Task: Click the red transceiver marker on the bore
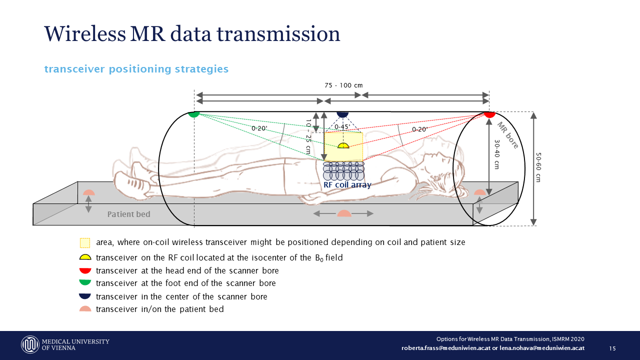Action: pyautogui.click(x=489, y=114)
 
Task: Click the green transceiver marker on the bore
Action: pyautogui.click(x=194, y=114)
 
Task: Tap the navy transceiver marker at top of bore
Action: pyautogui.click(x=342, y=114)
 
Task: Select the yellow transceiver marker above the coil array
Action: pyautogui.click(x=343, y=145)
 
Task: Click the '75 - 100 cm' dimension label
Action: pyautogui.click(x=343, y=85)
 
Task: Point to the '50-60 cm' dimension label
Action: pyautogui.click(x=538, y=167)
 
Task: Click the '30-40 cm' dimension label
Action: pyautogui.click(x=496, y=154)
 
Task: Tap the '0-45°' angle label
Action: pyautogui.click(x=342, y=127)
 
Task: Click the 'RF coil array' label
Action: pyautogui.click(x=347, y=185)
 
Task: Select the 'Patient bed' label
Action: pyautogui.click(x=128, y=214)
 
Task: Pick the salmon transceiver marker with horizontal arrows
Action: pyautogui.click(x=344, y=213)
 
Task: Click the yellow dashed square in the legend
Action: pyautogui.click(x=85, y=242)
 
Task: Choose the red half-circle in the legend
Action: pyautogui.click(x=85, y=270)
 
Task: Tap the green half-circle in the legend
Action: pyautogui.click(x=85, y=283)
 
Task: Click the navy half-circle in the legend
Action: pyautogui.click(x=85, y=296)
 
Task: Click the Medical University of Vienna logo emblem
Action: pyautogui.click(x=30, y=344)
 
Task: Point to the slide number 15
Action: pyautogui.click(x=612, y=348)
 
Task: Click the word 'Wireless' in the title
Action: pyautogui.click(x=84, y=34)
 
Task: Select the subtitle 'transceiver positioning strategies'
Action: pyautogui.click(x=136, y=69)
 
